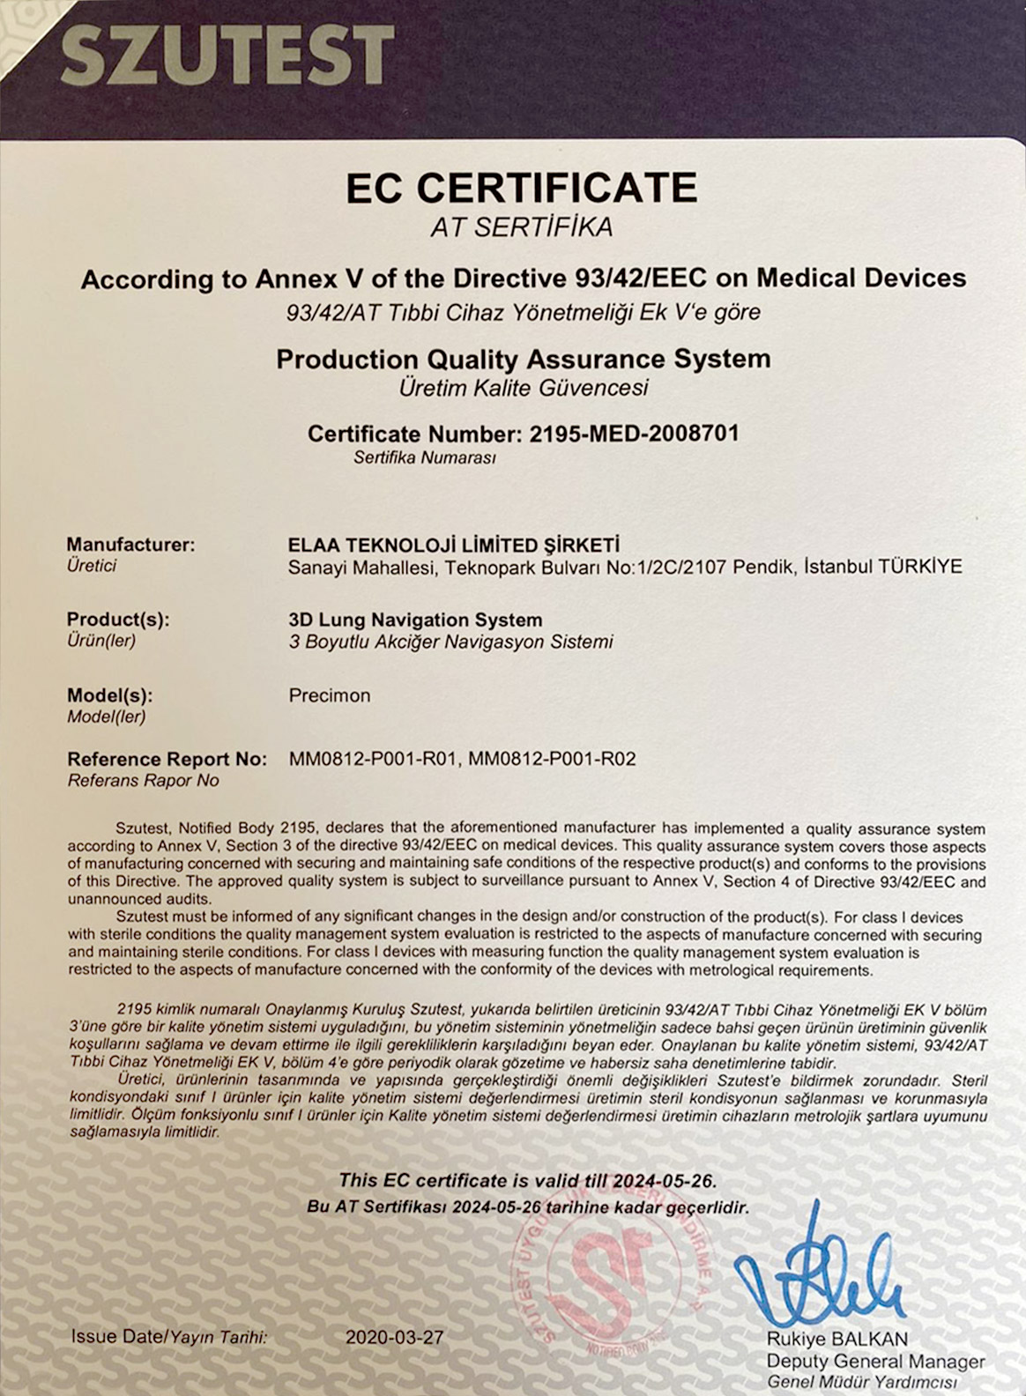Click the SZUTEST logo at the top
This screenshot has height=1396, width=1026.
(x=227, y=55)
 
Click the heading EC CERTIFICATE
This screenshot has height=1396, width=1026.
(x=521, y=188)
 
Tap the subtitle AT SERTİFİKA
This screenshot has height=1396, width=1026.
(x=521, y=227)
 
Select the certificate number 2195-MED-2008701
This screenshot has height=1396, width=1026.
(x=634, y=434)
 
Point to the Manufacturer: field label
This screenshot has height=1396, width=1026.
(x=130, y=545)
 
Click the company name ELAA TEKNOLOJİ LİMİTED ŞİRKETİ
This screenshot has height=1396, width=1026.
(x=454, y=545)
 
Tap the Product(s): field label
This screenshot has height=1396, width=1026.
(x=118, y=620)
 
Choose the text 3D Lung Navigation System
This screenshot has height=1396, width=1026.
(x=415, y=620)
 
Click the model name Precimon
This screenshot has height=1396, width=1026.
(x=330, y=695)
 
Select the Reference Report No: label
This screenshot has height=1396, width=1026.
(x=167, y=759)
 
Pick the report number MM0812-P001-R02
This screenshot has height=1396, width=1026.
(x=552, y=759)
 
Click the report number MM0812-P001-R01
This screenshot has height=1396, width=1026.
(x=373, y=759)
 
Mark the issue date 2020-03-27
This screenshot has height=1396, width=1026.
(x=394, y=1337)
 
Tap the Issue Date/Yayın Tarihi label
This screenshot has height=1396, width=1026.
(x=169, y=1337)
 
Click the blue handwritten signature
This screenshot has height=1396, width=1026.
(x=820, y=1278)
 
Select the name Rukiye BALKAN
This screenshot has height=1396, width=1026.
(x=836, y=1340)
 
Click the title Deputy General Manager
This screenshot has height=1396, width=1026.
(x=875, y=1362)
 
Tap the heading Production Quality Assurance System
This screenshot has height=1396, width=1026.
(x=523, y=360)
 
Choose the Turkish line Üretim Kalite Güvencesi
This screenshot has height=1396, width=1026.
(x=523, y=388)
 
